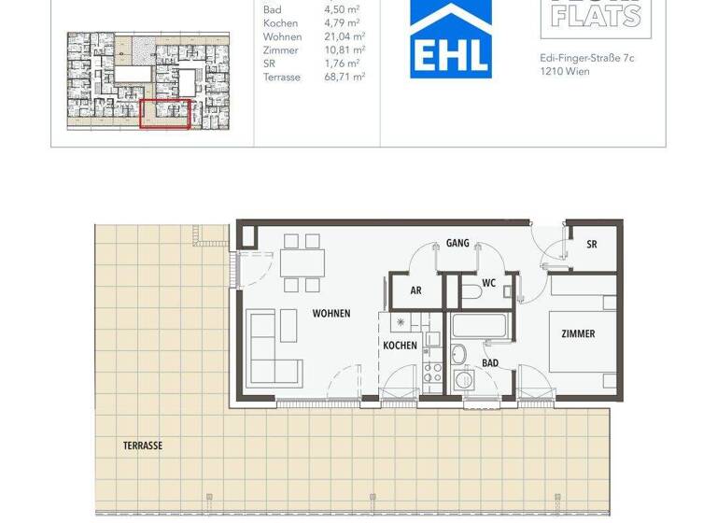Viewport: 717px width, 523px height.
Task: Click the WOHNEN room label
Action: pyautogui.click(x=331, y=314)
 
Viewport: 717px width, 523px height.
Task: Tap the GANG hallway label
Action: pyautogui.click(x=457, y=243)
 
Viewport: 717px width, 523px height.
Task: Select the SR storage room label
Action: pyautogui.click(x=592, y=245)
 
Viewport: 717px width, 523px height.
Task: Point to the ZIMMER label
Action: pyautogui.click(x=578, y=333)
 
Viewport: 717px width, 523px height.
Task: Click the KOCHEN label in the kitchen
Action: pyautogui.click(x=400, y=346)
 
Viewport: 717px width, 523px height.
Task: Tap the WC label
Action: pyautogui.click(x=488, y=283)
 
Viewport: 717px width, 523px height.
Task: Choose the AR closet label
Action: pyautogui.click(x=416, y=290)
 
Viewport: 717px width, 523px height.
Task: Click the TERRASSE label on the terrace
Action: pyautogui.click(x=143, y=445)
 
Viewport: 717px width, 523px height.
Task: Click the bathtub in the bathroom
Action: pyautogui.click(x=478, y=327)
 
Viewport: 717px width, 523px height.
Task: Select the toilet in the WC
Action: pyautogui.click(x=472, y=293)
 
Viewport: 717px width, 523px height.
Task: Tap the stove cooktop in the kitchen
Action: pyautogui.click(x=433, y=375)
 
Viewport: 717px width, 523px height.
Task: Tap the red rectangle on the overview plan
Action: pyautogui.click(x=165, y=113)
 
